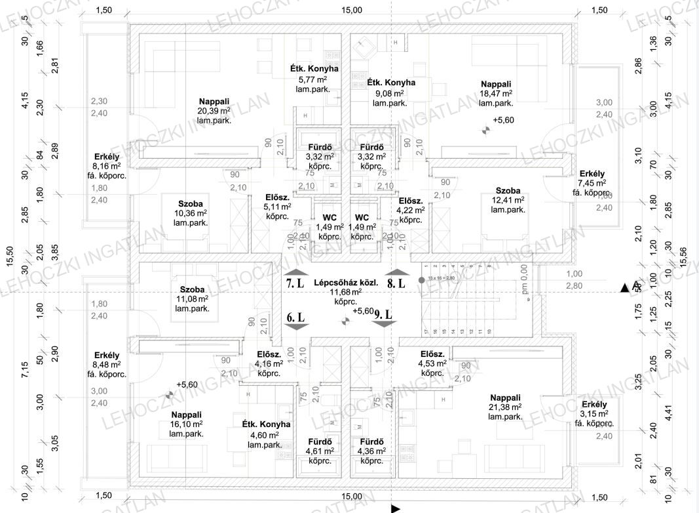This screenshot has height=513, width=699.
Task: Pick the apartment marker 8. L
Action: click(x=396, y=283)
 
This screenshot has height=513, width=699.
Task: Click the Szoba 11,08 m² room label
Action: click(x=192, y=298)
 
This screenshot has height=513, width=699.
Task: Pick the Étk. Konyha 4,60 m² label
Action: click(x=265, y=434)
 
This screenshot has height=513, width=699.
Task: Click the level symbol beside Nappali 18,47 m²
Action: click(x=485, y=130)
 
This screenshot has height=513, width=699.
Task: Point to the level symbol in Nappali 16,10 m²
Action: click(x=170, y=395)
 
